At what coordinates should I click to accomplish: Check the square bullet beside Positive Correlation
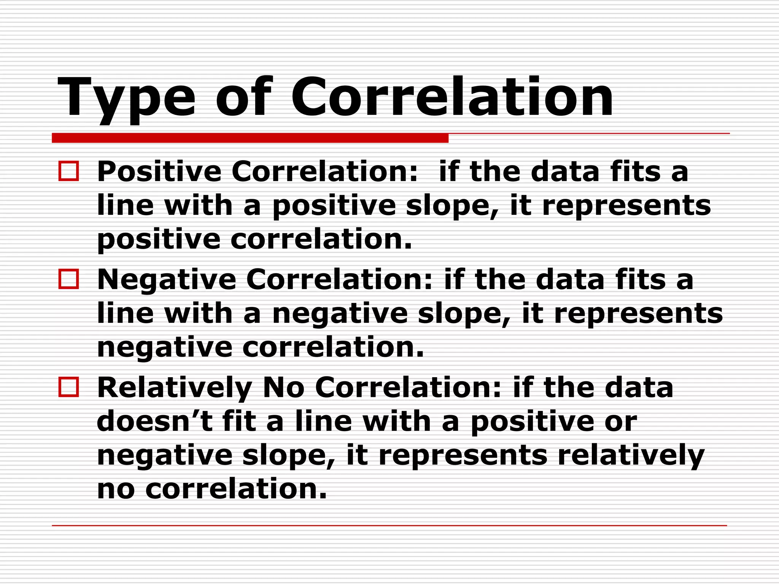[69, 171]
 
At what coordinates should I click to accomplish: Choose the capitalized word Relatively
[175, 388]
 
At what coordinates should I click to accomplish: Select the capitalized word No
[283, 388]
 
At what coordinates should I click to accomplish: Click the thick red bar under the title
[250, 138]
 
